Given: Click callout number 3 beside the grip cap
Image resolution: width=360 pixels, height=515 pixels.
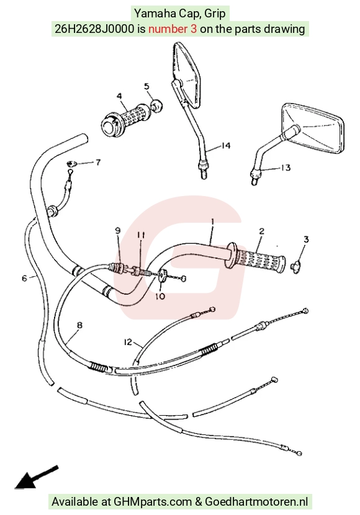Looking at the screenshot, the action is [306, 240].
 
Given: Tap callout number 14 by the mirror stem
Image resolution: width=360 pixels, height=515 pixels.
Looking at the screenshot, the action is [226, 145].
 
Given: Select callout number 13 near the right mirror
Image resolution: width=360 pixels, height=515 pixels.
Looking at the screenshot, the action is [286, 168].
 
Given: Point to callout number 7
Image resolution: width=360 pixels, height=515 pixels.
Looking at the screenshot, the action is [98, 162].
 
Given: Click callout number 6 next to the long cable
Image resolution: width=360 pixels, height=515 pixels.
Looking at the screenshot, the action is [25, 279].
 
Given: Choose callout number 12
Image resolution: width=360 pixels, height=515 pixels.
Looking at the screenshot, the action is [128, 342].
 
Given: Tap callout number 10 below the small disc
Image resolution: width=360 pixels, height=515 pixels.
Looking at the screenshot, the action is [160, 296].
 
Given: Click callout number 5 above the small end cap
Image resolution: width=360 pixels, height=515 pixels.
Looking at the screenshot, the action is [146, 86].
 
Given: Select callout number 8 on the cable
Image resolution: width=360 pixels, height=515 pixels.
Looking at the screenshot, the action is [79, 325].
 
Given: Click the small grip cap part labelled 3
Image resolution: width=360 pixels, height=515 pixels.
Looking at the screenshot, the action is [296, 267].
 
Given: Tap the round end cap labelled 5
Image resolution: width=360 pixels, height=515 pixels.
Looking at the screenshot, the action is [156, 105].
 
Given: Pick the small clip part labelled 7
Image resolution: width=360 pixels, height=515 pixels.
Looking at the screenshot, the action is [71, 163].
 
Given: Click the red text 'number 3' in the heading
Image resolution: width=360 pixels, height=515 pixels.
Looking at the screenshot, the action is [173, 29].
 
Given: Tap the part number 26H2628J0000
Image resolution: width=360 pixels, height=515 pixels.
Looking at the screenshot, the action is [94, 29].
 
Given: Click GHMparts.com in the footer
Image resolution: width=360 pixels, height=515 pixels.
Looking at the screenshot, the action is [153, 502].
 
